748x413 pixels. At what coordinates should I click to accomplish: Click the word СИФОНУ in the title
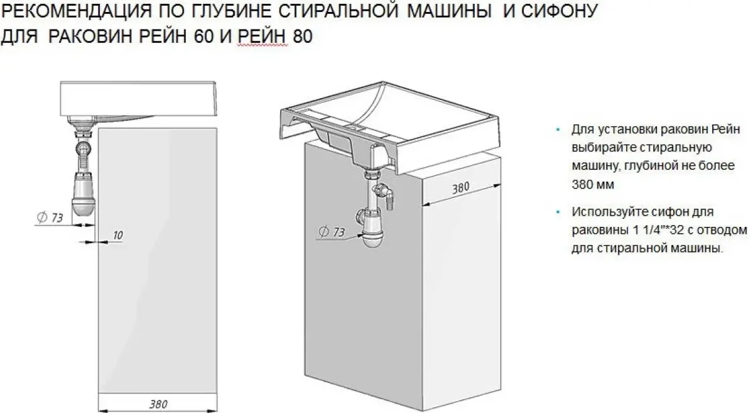pyautogui.click(x=559, y=11)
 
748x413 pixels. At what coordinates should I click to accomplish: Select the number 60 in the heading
pyautogui.click(x=203, y=36)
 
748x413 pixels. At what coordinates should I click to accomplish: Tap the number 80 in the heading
pyautogui.click(x=303, y=36)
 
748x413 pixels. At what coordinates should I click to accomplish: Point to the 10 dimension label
pyautogui.click(x=118, y=235)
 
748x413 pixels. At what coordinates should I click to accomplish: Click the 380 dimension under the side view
pyautogui.click(x=158, y=404)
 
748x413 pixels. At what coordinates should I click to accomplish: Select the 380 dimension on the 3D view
pyautogui.click(x=461, y=187)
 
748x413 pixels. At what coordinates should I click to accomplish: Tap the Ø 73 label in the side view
pyautogui.click(x=50, y=218)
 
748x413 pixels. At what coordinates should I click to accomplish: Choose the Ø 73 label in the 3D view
pyautogui.click(x=332, y=232)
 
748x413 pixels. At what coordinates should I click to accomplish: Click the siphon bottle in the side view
pyautogui.click(x=83, y=195)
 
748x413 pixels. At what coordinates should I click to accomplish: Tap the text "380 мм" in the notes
pyautogui.click(x=592, y=184)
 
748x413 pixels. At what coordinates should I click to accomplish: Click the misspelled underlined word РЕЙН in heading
pyautogui.click(x=262, y=36)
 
